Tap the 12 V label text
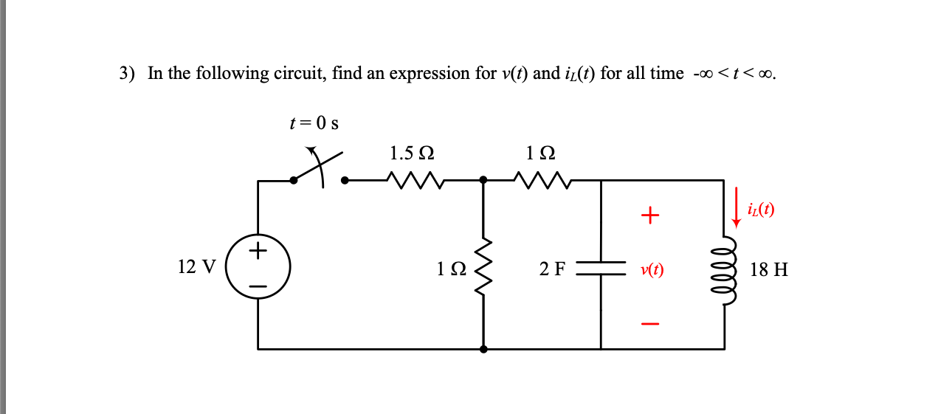click(197, 266)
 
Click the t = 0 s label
click(314, 123)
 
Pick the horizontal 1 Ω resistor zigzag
click(543, 179)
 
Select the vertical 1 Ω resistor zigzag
click(483, 268)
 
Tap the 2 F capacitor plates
click(601, 268)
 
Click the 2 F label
click(551, 269)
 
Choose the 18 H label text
click(768, 269)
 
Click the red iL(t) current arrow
click(736, 207)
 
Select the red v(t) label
click(652, 270)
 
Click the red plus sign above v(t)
click(649, 215)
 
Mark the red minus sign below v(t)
click(649, 323)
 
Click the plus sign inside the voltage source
click(258, 251)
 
